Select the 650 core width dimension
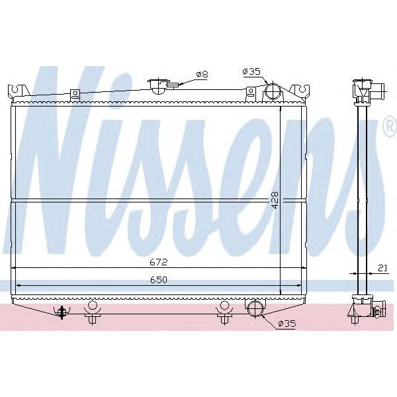[157, 280]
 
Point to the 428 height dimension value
[275, 200]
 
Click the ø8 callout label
[202, 74]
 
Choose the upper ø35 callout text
[251, 71]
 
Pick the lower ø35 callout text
[287, 324]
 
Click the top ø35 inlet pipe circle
[272, 91]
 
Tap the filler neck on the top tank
[158, 86]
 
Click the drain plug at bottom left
[62, 311]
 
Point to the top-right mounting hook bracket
[304, 90]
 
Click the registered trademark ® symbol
[390, 128]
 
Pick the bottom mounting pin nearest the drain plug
[92, 311]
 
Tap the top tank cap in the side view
[364, 90]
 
